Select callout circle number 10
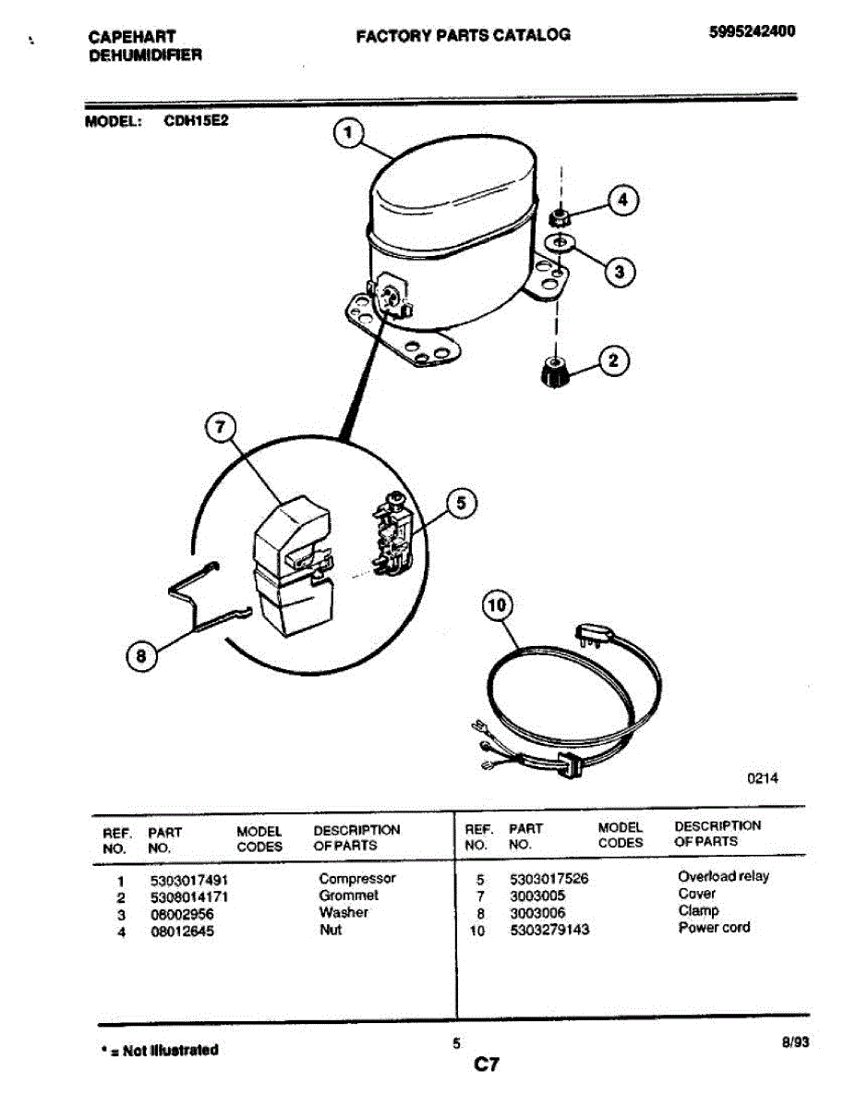tap(497, 606)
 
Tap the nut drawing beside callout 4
tap(557, 218)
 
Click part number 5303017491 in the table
tap(187, 879)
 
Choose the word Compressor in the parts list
tap(356, 878)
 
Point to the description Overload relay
tap(722, 876)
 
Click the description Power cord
tap(714, 927)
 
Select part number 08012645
tap(181, 931)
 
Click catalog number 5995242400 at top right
tap(752, 30)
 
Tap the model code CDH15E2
tap(196, 119)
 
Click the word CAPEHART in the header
tap(132, 37)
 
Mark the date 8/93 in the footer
tap(794, 1042)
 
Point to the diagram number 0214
tap(763, 778)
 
